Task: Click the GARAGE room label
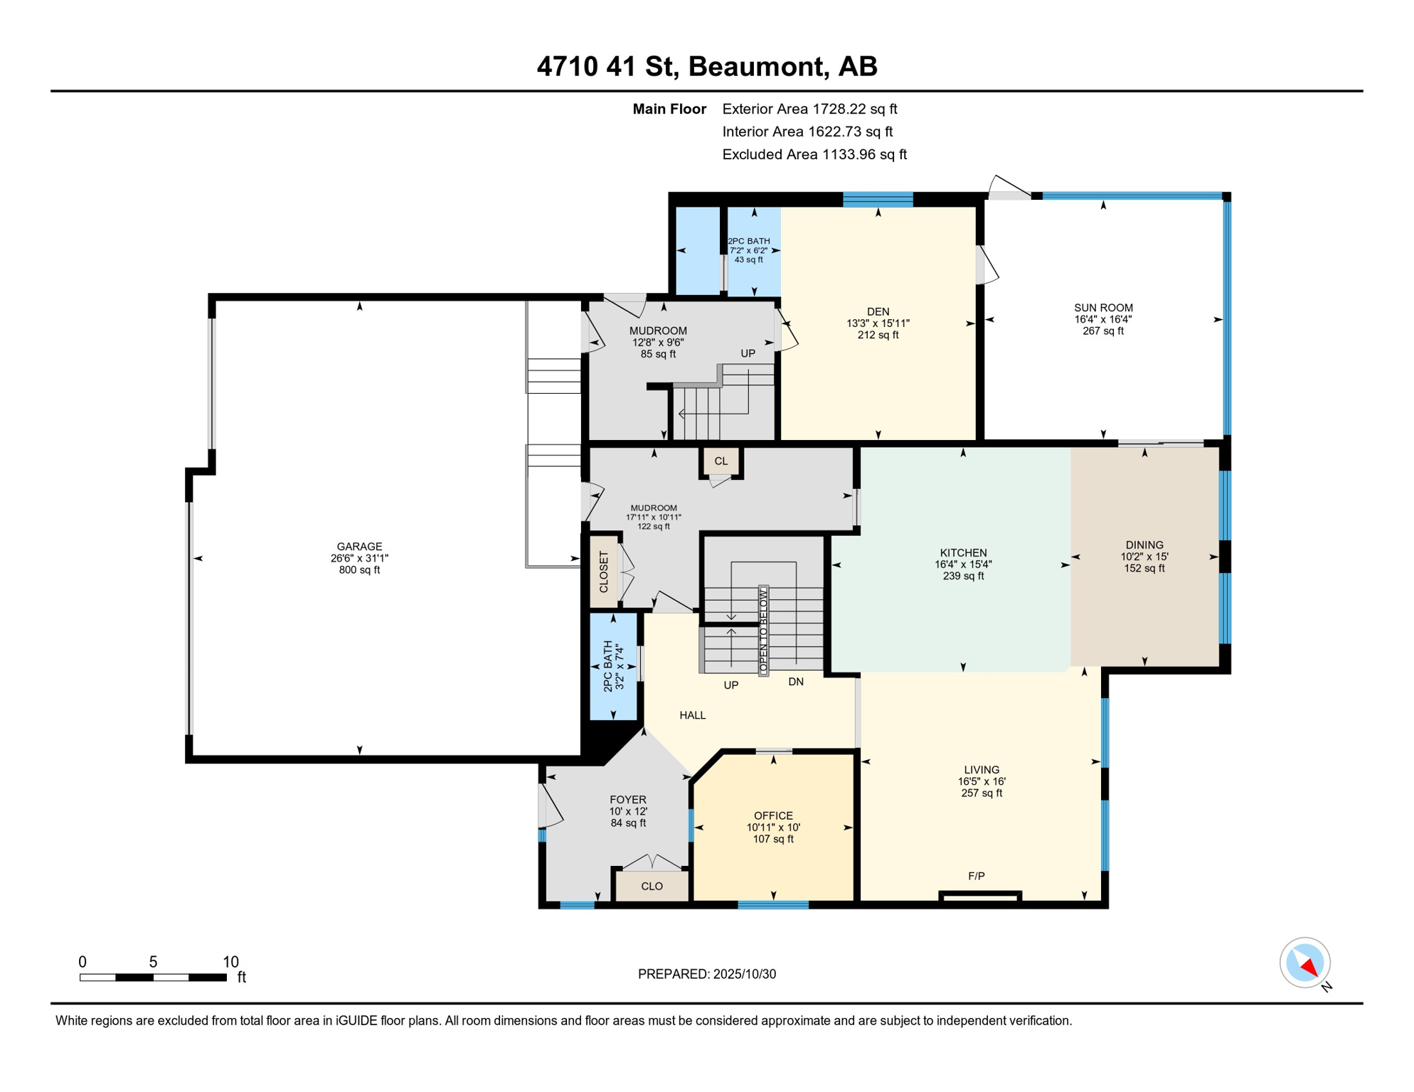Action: [x=359, y=547]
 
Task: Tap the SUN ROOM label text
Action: [x=1103, y=308]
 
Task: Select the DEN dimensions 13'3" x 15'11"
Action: [x=878, y=323]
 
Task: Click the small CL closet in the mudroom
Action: [x=721, y=461]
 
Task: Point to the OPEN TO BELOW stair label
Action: [x=763, y=631]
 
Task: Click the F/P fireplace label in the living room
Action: [x=976, y=876]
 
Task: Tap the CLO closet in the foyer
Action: [x=652, y=887]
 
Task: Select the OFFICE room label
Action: [x=773, y=815]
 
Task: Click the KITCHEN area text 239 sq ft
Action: [x=963, y=576]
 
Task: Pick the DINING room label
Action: [x=1144, y=545]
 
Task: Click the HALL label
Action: [x=692, y=715]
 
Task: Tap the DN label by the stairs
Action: [x=795, y=682]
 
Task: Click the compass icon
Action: [x=1305, y=963]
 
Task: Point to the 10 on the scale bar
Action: [x=230, y=962]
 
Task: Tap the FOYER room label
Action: [x=627, y=800]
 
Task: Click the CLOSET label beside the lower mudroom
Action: [x=604, y=572]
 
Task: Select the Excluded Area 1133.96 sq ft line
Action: [x=814, y=154]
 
